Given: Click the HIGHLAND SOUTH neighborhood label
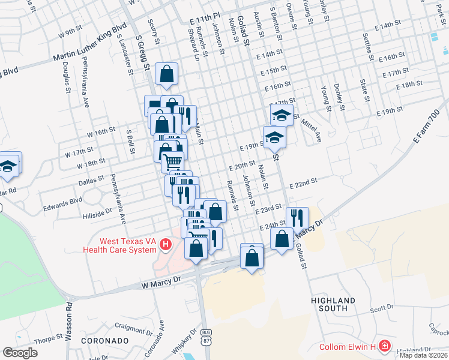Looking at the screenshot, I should click(329, 304).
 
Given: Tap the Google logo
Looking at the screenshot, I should click(20, 353).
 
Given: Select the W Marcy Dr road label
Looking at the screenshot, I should click(160, 281).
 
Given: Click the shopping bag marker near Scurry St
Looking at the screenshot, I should click(167, 74).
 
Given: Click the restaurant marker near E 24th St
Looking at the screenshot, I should click(297, 217).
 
